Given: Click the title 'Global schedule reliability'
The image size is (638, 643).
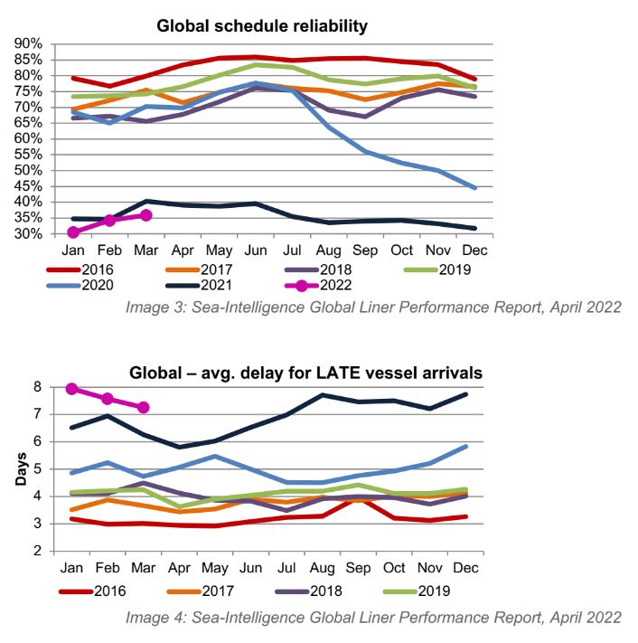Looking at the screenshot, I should [262, 26].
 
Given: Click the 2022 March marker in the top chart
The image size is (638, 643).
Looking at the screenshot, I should [145, 215].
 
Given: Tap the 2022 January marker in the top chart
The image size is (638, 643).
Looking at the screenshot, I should [72, 232].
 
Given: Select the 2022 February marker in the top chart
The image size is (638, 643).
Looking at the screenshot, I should [109, 220].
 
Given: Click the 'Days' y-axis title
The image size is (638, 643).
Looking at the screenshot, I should [19, 469].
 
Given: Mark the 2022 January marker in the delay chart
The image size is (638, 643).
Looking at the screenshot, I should [72, 389].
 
